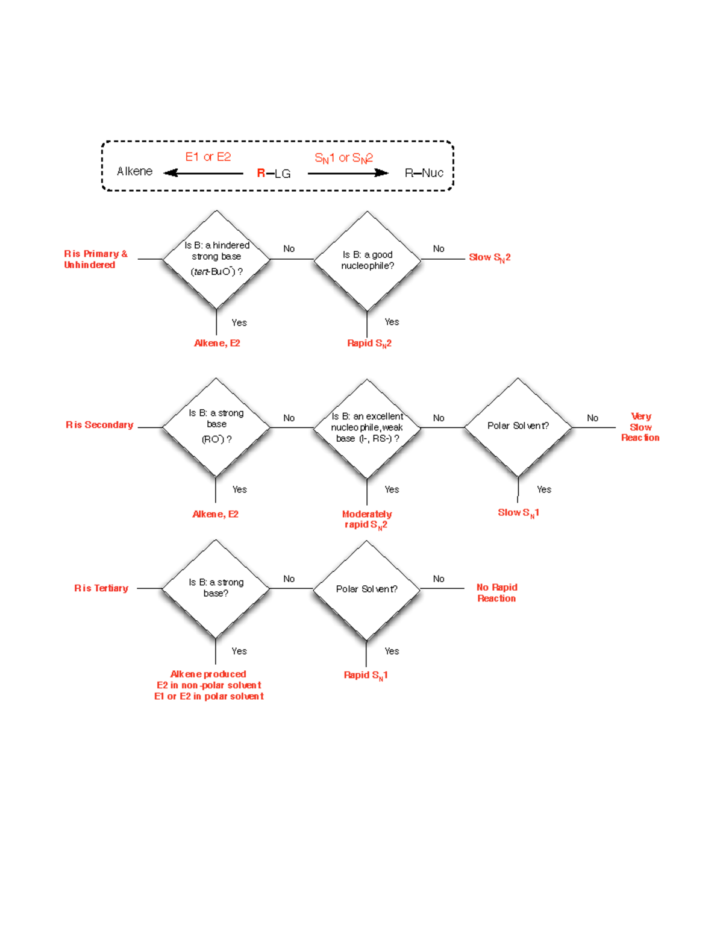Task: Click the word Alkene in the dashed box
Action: (x=134, y=172)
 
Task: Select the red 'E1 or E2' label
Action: (x=208, y=157)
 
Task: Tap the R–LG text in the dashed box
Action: (x=274, y=174)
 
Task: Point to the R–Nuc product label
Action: (x=424, y=174)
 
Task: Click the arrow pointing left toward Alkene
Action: (x=204, y=174)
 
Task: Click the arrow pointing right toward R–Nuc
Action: (x=348, y=174)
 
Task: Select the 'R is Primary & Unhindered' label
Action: (x=95, y=259)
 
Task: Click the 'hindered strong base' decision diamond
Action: (x=216, y=259)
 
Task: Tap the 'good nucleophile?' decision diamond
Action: (x=367, y=260)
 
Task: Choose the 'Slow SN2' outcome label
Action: (x=489, y=258)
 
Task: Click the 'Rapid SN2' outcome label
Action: (x=369, y=344)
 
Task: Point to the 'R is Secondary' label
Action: (x=99, y=425)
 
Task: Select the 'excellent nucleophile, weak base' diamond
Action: (x=367, y=428)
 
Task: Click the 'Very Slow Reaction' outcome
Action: (x=640, y=427)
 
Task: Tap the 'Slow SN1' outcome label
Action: (x=518, y=513)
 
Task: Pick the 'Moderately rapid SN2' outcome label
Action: (x=366, y=520)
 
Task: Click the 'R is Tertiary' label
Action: (x=101, y=588)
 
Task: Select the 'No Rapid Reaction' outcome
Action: (x=496, y=592)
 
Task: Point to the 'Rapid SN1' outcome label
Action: (x=365, y=675)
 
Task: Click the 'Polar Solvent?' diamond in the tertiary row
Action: (x=366, y=589)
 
